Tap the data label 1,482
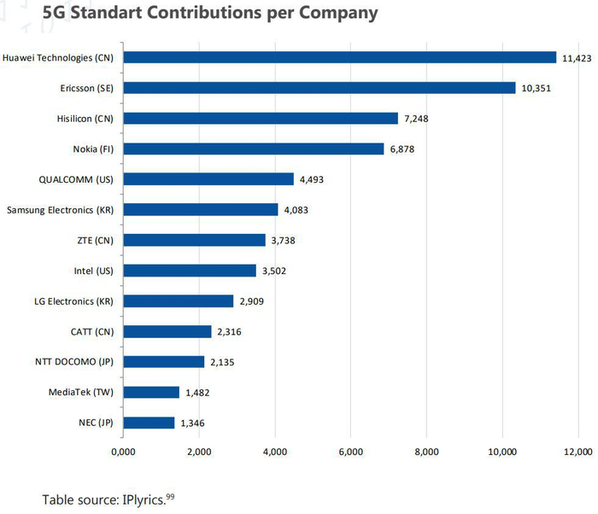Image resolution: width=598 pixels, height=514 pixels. click(x=196, y=393)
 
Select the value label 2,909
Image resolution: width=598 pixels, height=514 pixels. click(x=249, y=301)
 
